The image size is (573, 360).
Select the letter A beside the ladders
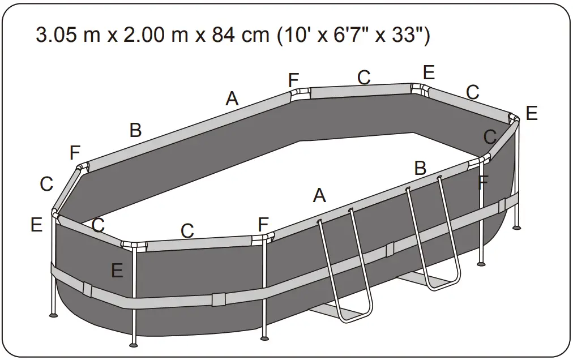[x=319, y=196]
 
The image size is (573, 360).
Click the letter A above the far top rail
[x=232, y=99]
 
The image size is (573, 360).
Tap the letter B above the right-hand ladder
[x=420, y=168]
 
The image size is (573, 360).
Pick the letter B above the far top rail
[x=135, y=130]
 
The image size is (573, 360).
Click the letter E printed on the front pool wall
[x=117, y=271]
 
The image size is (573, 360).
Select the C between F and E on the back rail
[x=364, y=78]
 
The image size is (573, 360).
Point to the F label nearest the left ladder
[x=263, y=224]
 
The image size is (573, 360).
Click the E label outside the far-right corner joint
[x=531, y=113]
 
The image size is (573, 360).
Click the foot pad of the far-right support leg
[x=516, y=228]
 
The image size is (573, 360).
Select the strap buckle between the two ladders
[x=390, y=249]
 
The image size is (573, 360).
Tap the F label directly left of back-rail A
[x=293, y=80]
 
